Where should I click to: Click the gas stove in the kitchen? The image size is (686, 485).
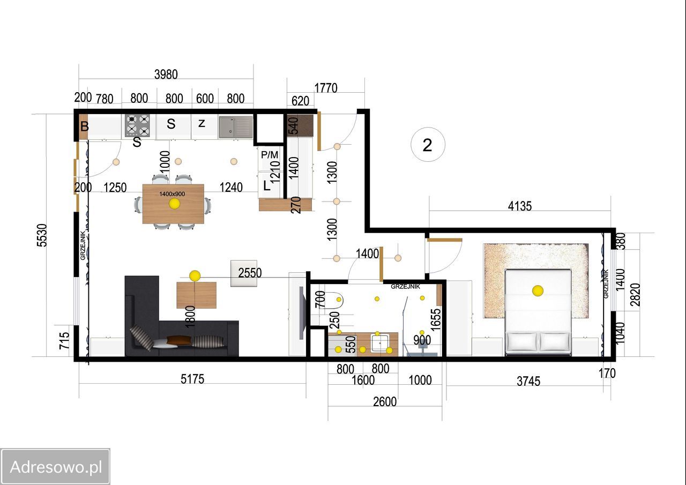(138, 125)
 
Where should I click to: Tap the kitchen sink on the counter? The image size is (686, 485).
(236, 127)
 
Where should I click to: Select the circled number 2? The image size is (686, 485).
(428, 145)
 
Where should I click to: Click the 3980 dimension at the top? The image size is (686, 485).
(166, 74)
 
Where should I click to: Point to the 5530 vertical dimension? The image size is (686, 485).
(42, 235)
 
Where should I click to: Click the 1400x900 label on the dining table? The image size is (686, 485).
(172, 194)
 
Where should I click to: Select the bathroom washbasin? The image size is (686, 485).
(380, 343)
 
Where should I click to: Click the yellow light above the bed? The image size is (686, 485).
(538, 290)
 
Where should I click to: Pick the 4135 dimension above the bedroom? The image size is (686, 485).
(520, 206)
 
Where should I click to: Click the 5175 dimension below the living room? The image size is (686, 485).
(192, 379)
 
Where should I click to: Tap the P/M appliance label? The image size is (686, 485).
(270, 155)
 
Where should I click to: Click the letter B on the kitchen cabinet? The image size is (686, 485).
(85, 126)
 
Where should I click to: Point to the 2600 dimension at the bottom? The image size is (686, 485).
(385, 402)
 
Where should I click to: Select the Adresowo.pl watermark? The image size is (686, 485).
(55, 467)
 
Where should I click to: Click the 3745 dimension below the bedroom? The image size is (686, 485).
(528, 382)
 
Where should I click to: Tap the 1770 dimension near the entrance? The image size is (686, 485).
(326, 88)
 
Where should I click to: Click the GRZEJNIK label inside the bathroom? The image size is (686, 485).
(406, 287)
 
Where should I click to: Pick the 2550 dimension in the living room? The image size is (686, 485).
(250, 273)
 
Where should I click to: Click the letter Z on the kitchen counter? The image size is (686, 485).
(202, 123)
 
